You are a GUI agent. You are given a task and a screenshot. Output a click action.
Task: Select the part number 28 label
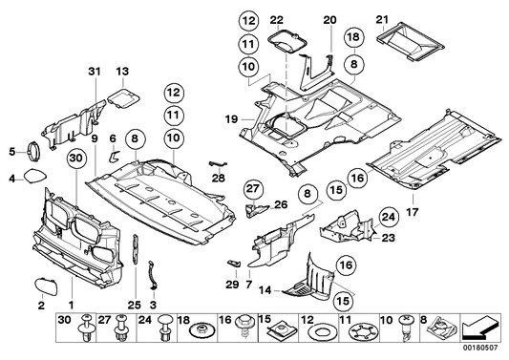[x=218, y=178]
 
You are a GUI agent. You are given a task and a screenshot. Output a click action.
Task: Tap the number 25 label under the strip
[x=133, y=305]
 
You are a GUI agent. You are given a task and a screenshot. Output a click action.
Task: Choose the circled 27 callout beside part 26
[x=252, y=187]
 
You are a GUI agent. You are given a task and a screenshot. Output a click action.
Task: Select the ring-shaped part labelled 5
[x=34, y=149]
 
